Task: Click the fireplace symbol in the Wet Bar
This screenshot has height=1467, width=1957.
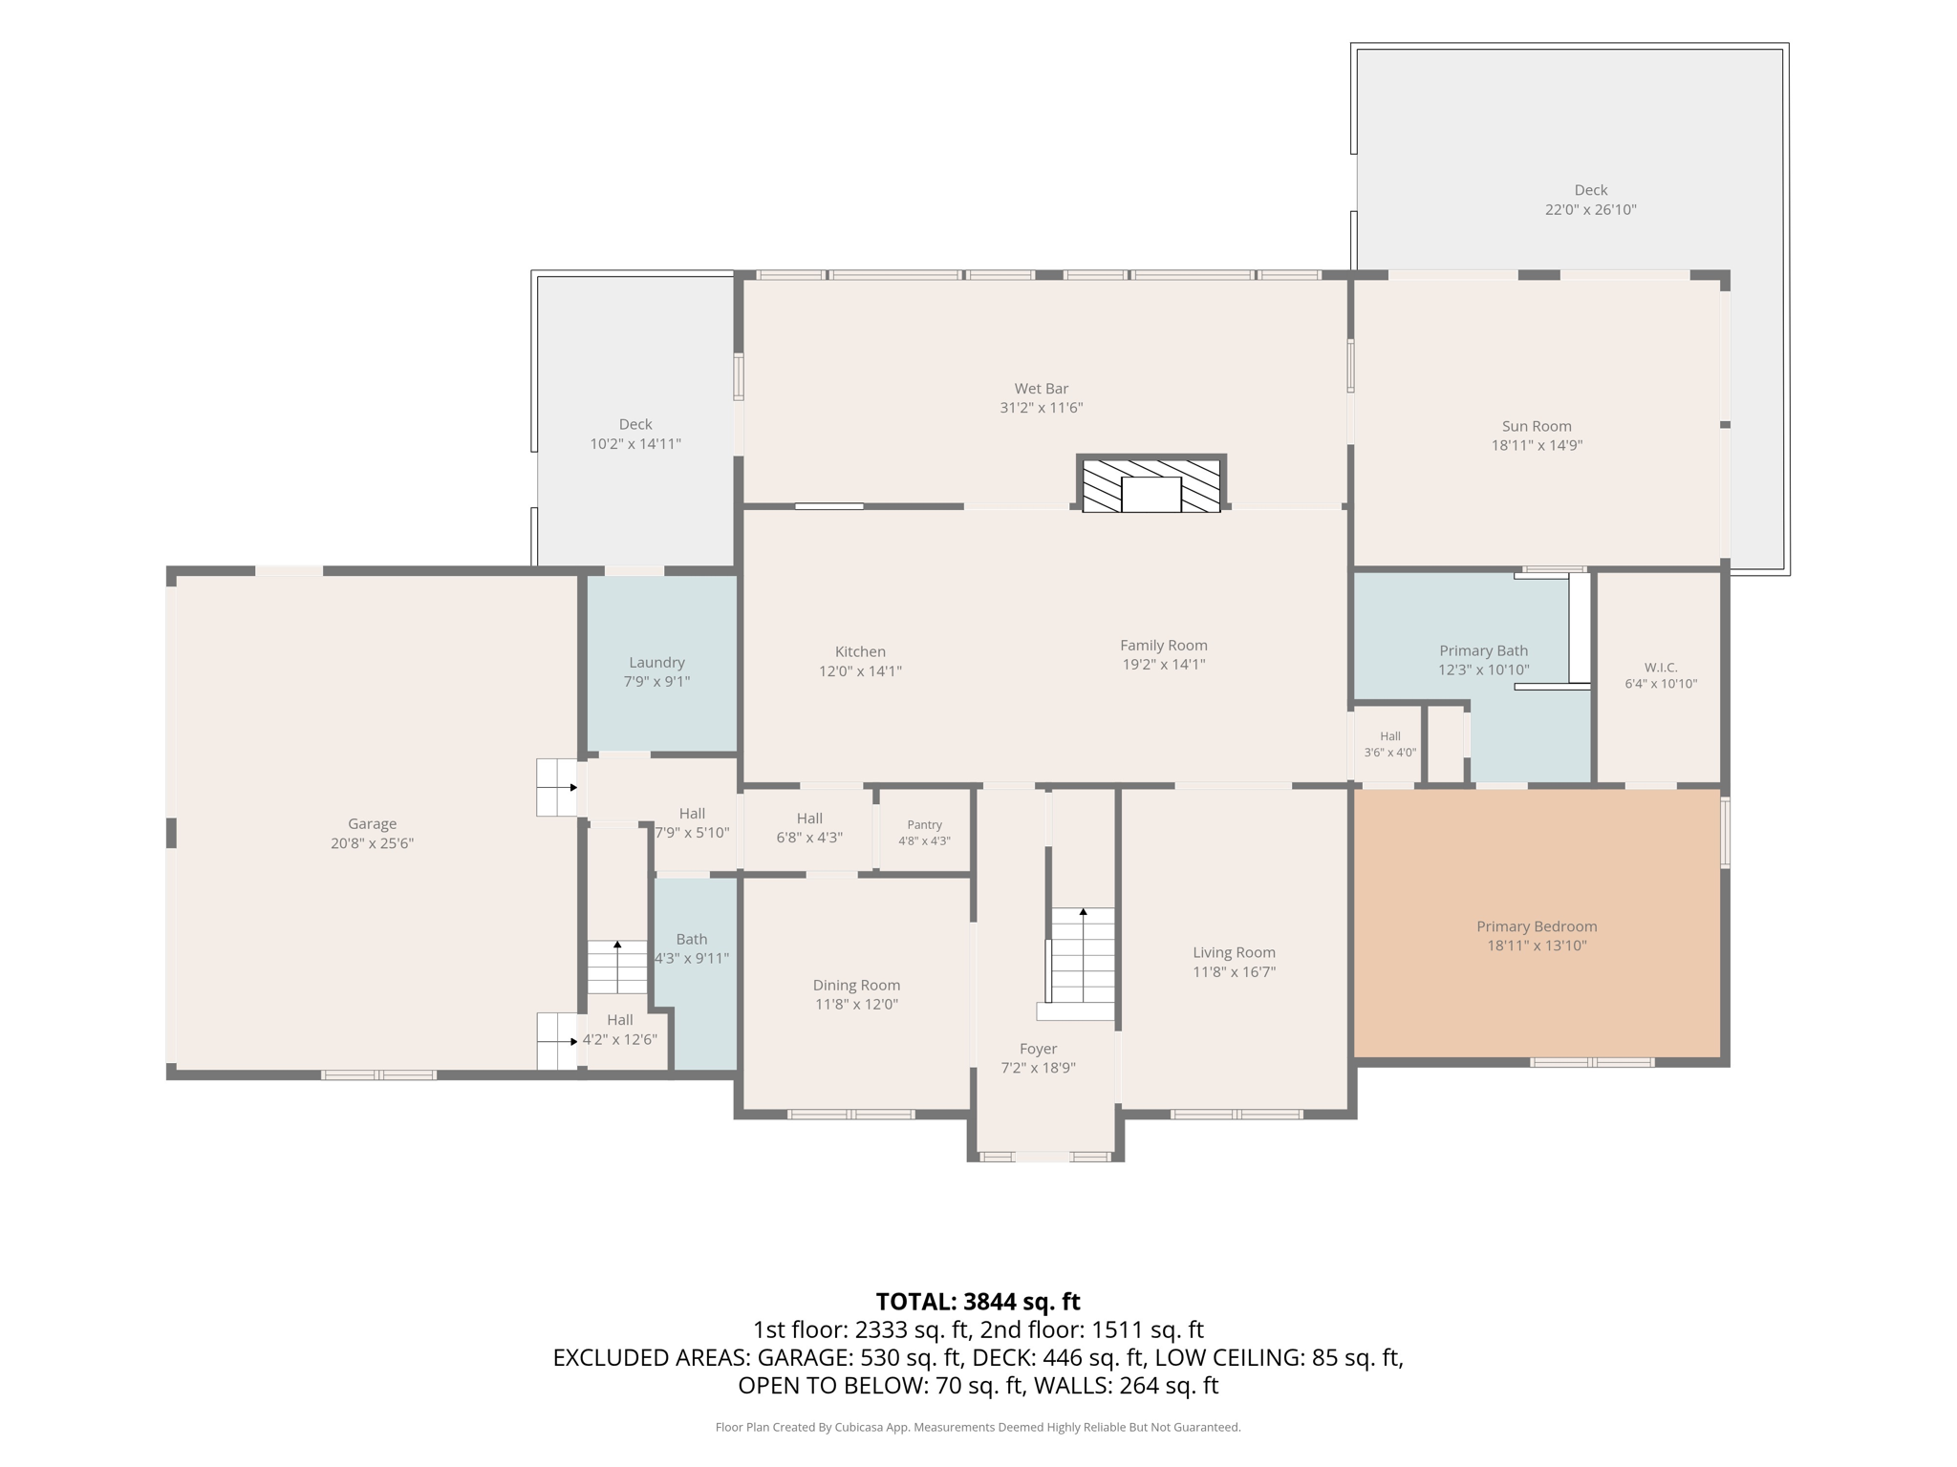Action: click(1151, 485)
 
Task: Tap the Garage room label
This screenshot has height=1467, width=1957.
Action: click(372, 824)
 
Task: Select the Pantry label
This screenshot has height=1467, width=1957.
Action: click(924, 825)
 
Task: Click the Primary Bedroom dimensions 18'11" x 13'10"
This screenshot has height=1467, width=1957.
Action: click(1537, 946)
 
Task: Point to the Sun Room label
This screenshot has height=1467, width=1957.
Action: click(1537, 426)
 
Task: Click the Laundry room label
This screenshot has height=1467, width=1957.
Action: click(656, 663)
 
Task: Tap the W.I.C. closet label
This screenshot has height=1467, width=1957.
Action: click(1661, 668)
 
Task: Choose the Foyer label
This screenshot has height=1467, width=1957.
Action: click(1038, 1050)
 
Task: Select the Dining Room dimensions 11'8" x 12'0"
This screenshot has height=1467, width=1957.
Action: click(856, 1005)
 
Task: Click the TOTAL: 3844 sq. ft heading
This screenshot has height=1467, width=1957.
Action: click(978, 1302)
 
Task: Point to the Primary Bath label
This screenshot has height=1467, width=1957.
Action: click(1483, 651)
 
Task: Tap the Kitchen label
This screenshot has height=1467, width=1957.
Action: click(860, 652)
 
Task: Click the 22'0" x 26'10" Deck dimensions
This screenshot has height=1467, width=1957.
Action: click(1590, 210)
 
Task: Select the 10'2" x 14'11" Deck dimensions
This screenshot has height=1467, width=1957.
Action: click(635, 444)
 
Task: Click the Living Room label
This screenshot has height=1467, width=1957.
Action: click(1234, 953)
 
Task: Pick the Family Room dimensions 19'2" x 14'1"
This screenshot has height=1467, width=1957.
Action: click(1163, 665)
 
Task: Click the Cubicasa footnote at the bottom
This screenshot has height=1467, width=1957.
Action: click(978, 1428)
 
